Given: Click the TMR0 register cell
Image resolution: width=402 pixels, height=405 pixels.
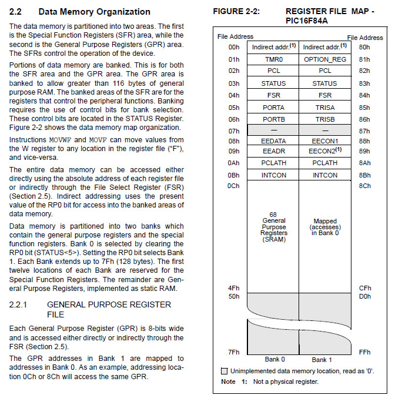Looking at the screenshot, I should point(273,59).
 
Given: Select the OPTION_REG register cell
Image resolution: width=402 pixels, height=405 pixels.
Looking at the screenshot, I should point(324,59).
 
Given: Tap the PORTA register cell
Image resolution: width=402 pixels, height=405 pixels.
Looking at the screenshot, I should point(273,108).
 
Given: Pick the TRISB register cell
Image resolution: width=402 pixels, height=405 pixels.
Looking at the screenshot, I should point(324,120).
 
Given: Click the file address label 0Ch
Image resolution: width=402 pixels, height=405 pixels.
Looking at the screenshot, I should point(234,186).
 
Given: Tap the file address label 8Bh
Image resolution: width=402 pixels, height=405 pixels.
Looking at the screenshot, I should point(364,175).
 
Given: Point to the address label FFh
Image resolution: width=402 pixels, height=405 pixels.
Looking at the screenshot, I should point(364,352).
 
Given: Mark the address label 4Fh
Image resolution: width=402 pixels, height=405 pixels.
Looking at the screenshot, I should point(234,288).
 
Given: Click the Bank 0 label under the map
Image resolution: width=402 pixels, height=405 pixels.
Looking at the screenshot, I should point(274,359).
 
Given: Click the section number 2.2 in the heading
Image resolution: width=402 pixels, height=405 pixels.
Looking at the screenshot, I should point(16,12).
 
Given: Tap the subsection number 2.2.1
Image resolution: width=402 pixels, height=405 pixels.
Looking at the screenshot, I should point(21,304).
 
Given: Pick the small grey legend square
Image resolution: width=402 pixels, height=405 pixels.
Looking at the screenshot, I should point(224,371).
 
